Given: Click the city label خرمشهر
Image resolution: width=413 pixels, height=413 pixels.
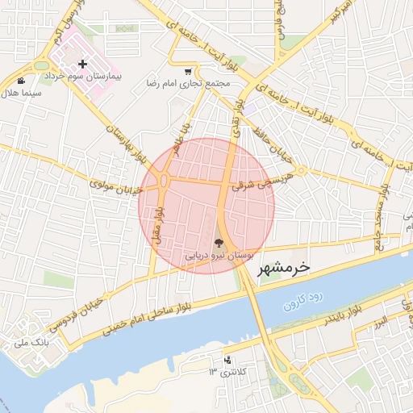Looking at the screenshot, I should (x=283, y=269).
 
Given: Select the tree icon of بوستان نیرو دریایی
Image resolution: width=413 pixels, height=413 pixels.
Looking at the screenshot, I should (x=219, y=242).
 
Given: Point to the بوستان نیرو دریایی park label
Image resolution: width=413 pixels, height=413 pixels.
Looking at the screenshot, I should (x=219, y=255).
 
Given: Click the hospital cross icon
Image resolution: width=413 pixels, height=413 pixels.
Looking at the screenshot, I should (x=82, y=64).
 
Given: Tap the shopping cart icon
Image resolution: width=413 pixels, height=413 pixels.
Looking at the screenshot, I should (x=188, y=71).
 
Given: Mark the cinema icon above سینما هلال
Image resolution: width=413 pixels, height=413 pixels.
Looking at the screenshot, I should (x=20, y=81).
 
